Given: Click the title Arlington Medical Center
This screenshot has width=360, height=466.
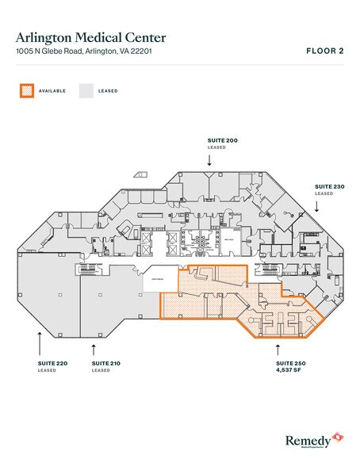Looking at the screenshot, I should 91,36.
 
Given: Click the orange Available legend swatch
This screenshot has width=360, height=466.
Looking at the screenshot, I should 27,90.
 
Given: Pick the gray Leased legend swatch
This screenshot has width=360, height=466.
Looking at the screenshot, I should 85,90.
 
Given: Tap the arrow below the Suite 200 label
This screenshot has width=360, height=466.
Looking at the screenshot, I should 209,159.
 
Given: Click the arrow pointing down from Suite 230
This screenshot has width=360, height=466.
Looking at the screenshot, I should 317,205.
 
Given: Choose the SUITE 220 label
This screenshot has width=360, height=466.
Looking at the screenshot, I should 48,363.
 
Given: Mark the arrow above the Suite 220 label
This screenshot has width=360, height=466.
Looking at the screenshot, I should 39,343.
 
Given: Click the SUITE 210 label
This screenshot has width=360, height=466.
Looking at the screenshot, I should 103,363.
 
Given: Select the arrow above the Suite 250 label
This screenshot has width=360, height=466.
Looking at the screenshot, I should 276,346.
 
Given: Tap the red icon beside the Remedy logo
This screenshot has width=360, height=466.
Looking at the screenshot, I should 338,436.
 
